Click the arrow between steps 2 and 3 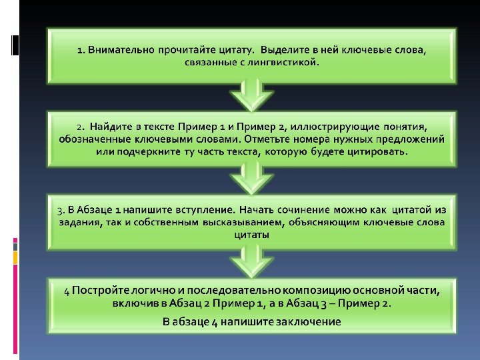[x=251, y=177]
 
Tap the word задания [x=78, y=223]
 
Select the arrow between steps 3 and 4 [x=251, y=260]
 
